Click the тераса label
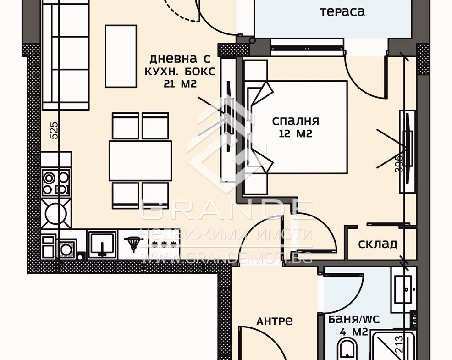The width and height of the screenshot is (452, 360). pos(342,12)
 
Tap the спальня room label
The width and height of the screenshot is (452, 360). pos(296,121)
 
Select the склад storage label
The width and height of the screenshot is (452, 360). pos(378,244)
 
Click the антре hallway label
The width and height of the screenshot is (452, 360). pos(275,321)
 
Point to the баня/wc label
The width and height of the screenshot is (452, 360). pos(354,319)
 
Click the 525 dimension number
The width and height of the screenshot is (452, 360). pos(54,130)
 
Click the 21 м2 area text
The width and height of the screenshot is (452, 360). pos(180,83)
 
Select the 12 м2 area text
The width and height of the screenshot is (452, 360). pos(296,134)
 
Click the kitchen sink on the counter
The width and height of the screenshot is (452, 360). pos(102,244)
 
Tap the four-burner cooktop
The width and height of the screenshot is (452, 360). pos(56,183)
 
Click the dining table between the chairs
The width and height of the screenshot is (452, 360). pos(140,161)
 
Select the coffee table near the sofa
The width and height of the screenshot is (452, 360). pos(121,56)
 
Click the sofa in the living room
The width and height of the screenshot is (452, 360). pos(66,55)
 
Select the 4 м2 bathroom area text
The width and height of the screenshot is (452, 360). pos(354,332)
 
